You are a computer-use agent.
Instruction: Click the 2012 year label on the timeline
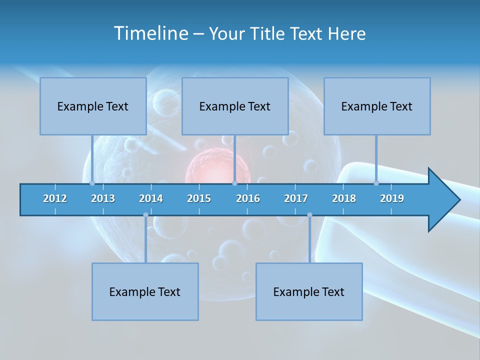55,198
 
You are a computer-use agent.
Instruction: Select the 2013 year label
103,198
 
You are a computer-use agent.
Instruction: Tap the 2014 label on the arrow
151,198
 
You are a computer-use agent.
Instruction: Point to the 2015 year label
199,198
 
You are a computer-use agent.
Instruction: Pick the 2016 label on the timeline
248,198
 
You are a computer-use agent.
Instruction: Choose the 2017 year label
296,198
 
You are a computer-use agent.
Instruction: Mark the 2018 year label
344,198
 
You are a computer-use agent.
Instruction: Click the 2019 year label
392,198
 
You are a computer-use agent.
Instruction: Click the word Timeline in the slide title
151,33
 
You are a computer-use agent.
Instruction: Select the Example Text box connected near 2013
93,106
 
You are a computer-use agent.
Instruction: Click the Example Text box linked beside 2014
145,291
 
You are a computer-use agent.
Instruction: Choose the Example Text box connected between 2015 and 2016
235,106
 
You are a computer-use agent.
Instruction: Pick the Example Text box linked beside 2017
309,291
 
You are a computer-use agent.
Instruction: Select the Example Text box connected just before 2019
377,106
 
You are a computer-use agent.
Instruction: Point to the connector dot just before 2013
92,183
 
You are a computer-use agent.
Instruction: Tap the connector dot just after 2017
309,215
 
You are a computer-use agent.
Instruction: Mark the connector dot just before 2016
234,183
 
